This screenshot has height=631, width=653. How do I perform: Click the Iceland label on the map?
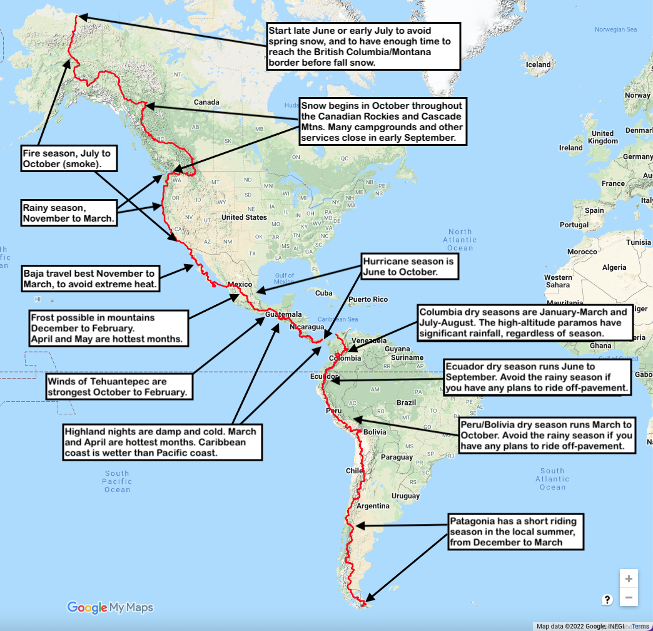click(x=539, y=64)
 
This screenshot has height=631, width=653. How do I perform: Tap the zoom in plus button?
click(x=629, y=579)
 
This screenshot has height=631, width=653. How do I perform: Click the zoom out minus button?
click(x=629, y=598)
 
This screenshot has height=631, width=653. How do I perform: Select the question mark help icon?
click(x=607, y=600)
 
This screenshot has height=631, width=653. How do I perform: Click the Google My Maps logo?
click(x=110, y=607)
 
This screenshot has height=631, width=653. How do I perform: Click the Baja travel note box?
click(x=89, y=279)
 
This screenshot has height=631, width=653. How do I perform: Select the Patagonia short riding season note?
click(x=517, y=531)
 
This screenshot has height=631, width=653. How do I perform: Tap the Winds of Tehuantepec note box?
click(x=118, y=386)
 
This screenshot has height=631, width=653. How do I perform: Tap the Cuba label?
click(x=323, y=293)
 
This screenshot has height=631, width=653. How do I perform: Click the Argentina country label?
click(x=373, y=506)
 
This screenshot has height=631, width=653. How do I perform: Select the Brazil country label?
click(x=407, y=403)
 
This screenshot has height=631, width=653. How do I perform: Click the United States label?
click(x=244, y=217)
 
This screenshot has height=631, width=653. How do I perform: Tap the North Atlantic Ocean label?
click(x=460, y=240)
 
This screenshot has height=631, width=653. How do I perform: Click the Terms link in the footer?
click(x=640, y=626)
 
